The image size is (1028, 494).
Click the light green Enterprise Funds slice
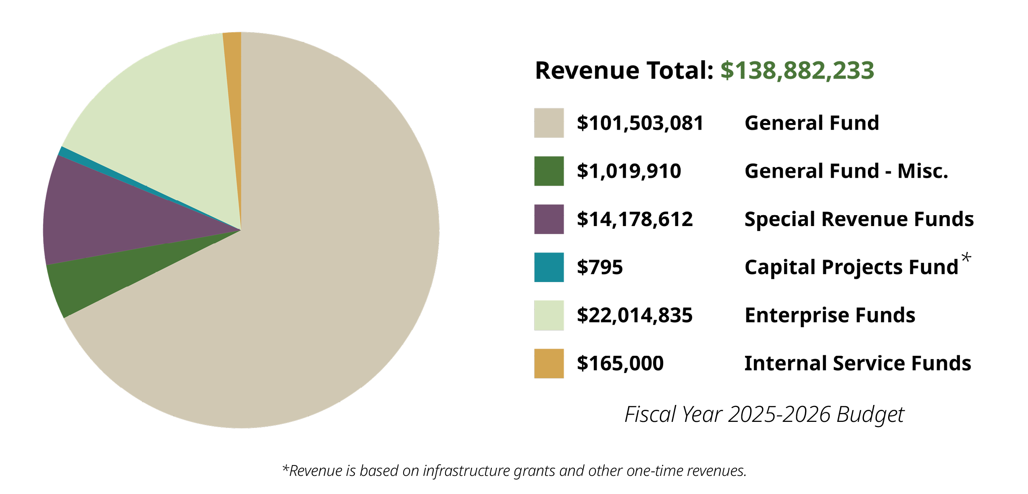click(161, 113)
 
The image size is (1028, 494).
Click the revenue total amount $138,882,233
click(797, 71)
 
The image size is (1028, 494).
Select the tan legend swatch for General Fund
click(549, 123)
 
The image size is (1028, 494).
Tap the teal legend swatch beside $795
click(549, 267)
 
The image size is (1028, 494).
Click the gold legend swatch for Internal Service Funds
click(549, 363)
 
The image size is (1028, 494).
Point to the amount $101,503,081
click(640, 123)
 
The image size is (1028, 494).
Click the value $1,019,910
click(629, 171)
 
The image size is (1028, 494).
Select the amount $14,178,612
click(635, 219)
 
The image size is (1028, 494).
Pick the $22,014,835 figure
click(635, 315)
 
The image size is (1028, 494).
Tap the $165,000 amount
click(620, 363)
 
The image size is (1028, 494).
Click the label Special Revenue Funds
click(859, 219)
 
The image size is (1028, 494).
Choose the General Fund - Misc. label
click(846, 171)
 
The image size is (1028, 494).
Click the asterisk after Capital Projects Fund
click(966, 257)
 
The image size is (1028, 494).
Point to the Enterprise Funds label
click(830, 315)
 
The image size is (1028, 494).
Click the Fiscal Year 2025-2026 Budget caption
click(764, 414)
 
